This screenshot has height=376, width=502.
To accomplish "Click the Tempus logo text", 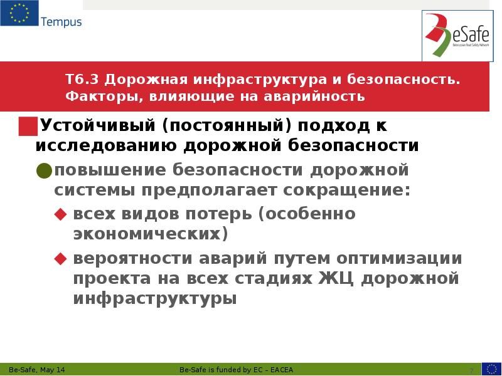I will click(x=61, y=23).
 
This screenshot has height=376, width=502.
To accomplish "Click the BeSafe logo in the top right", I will click(x=456, y=35).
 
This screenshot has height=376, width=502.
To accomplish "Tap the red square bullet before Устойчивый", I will click(x=28, y=126).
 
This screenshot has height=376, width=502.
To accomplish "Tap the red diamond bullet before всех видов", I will click(x=60, y=214).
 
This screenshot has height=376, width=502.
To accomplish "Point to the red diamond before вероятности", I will click(x=60, y=258).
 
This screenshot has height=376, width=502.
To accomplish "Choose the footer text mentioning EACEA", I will click(x=236, y=370).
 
